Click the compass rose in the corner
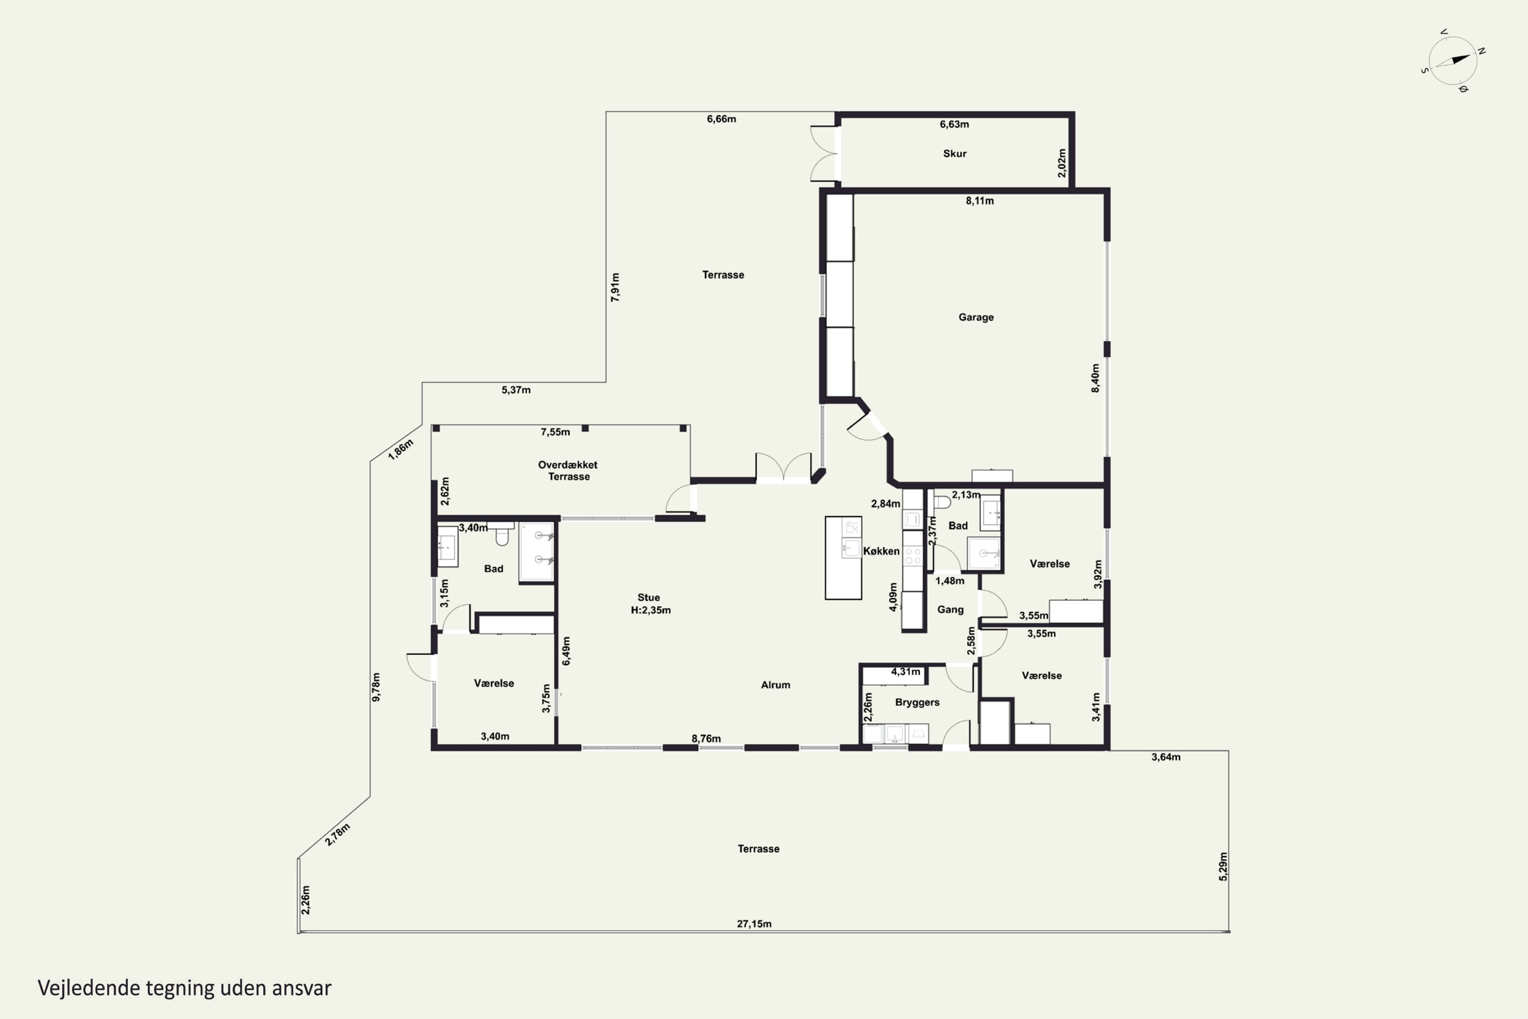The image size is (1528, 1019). [1453, 61]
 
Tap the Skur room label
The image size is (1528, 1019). [954, 153]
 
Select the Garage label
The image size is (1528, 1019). [976, 317]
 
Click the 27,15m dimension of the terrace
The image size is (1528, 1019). [754, 923]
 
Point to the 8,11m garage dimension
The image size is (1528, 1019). [979, 201]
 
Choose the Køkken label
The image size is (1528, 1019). [881, 551]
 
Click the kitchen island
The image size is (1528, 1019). [843, 557]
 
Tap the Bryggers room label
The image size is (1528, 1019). [917, 702]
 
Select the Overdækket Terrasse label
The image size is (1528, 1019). [568, 470]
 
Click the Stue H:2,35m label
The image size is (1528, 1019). [650, 604]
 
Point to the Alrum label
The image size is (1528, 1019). [775, 684]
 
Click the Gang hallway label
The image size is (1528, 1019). [950, 609]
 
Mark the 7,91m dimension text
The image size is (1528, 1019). [615, 287]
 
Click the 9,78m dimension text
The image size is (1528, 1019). [376, 687]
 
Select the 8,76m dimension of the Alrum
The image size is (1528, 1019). [705, 738]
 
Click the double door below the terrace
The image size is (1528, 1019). [783, 467]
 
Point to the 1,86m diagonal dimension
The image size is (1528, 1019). [400, 449]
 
